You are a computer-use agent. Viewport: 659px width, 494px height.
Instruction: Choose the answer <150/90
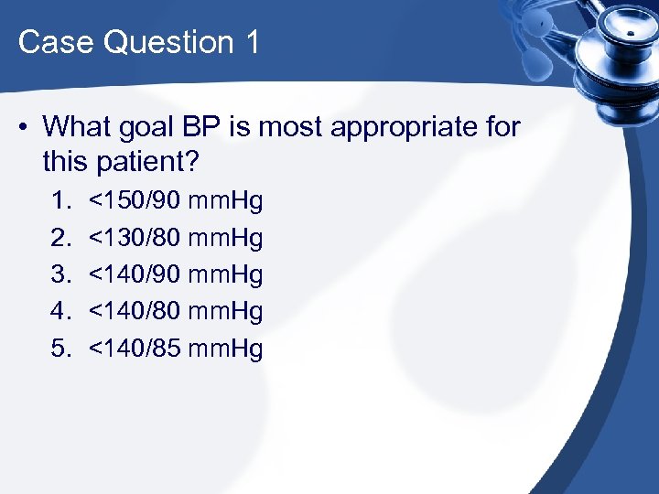pos(134,199)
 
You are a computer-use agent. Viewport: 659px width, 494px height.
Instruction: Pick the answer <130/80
pos(134,237)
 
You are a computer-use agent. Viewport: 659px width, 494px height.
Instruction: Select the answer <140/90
pos(134,274)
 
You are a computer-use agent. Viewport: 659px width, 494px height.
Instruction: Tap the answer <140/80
pos(134,311)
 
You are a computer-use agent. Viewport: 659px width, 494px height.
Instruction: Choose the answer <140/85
pos(134,348)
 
